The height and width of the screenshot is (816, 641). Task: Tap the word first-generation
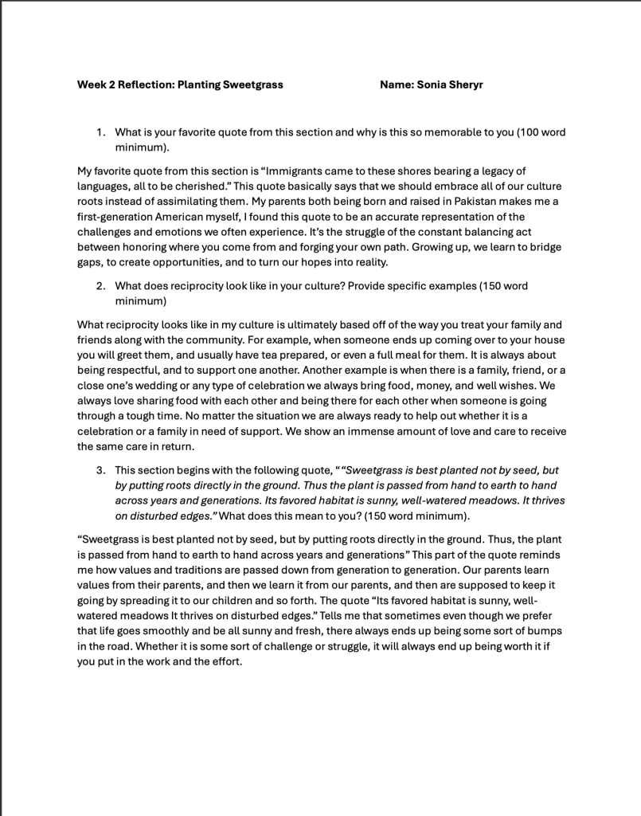[115, 217]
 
